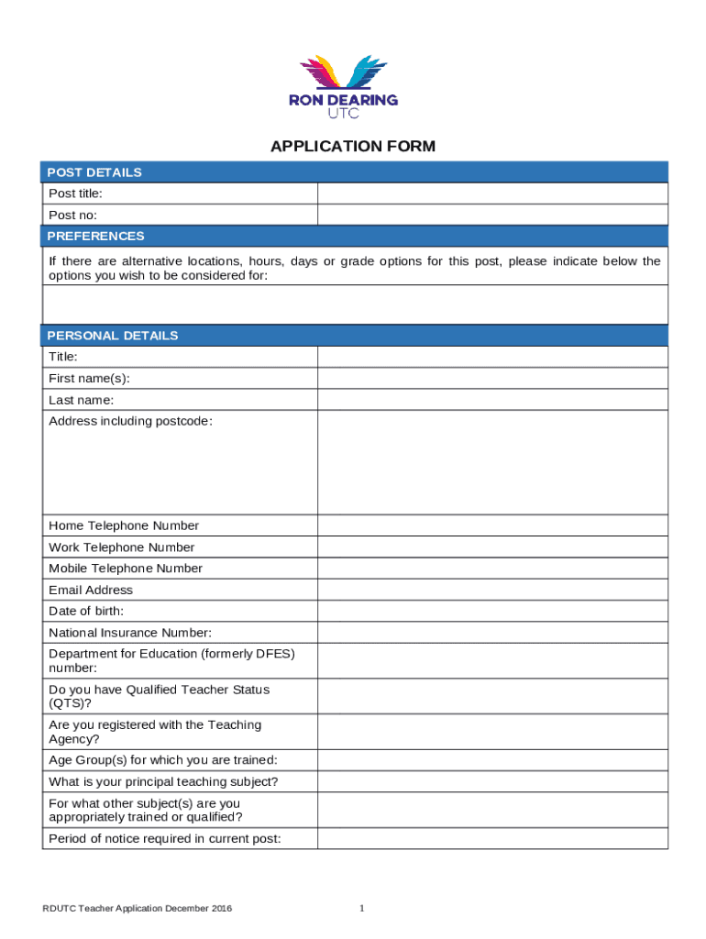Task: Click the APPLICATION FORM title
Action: point(352,147)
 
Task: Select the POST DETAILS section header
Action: point(95,172)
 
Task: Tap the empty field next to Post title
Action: point(492,193)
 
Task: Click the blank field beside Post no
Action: point(492,215)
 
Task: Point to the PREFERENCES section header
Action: point(96,237)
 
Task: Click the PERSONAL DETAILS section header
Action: point(114,336)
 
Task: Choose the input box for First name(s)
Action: point(492,379)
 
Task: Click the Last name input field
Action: point(492,400)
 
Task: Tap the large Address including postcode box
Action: point(492,462)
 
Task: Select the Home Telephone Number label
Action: point(124,525)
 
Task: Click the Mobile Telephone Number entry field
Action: point(492,569)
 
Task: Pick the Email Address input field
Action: point(492,590)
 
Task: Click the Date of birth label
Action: point(86,611)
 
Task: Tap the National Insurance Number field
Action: point(492,633)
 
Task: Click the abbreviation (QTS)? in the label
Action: point(71,703)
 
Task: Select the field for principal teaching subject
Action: point(492,782)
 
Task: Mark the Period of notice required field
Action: point(492,838)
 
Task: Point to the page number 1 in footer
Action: point(362,909)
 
